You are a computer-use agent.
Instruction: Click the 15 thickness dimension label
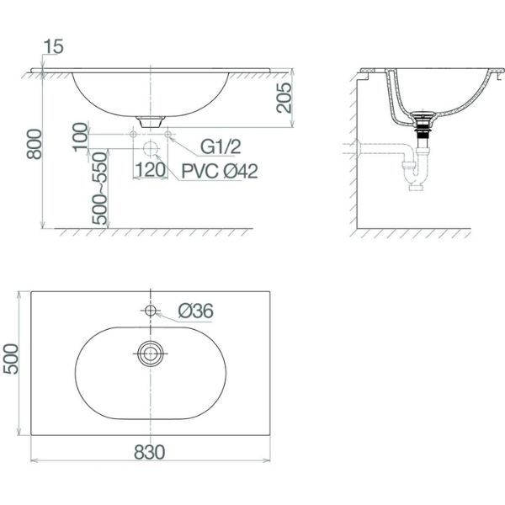[x=54, y=46]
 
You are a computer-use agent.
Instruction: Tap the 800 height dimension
[x=35, y=144]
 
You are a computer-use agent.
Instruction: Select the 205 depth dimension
[x=284, y=98]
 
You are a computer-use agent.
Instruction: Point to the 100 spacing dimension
[x=80, y=137]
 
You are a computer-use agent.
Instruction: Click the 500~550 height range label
[x=99, y=189]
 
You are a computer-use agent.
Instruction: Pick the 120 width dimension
[x=150, y=170]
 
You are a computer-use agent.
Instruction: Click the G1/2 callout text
[x=221, y=146]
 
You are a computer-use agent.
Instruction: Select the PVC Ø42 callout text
[x=220, y=171]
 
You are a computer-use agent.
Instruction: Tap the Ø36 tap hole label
[x=196, y=311]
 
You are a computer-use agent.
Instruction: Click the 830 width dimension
[x=150, y=452]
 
